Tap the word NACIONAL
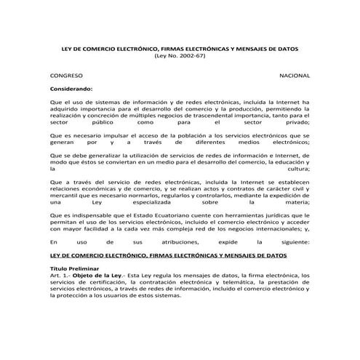[x=295, y=76]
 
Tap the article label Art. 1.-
[x=59, y=276]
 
